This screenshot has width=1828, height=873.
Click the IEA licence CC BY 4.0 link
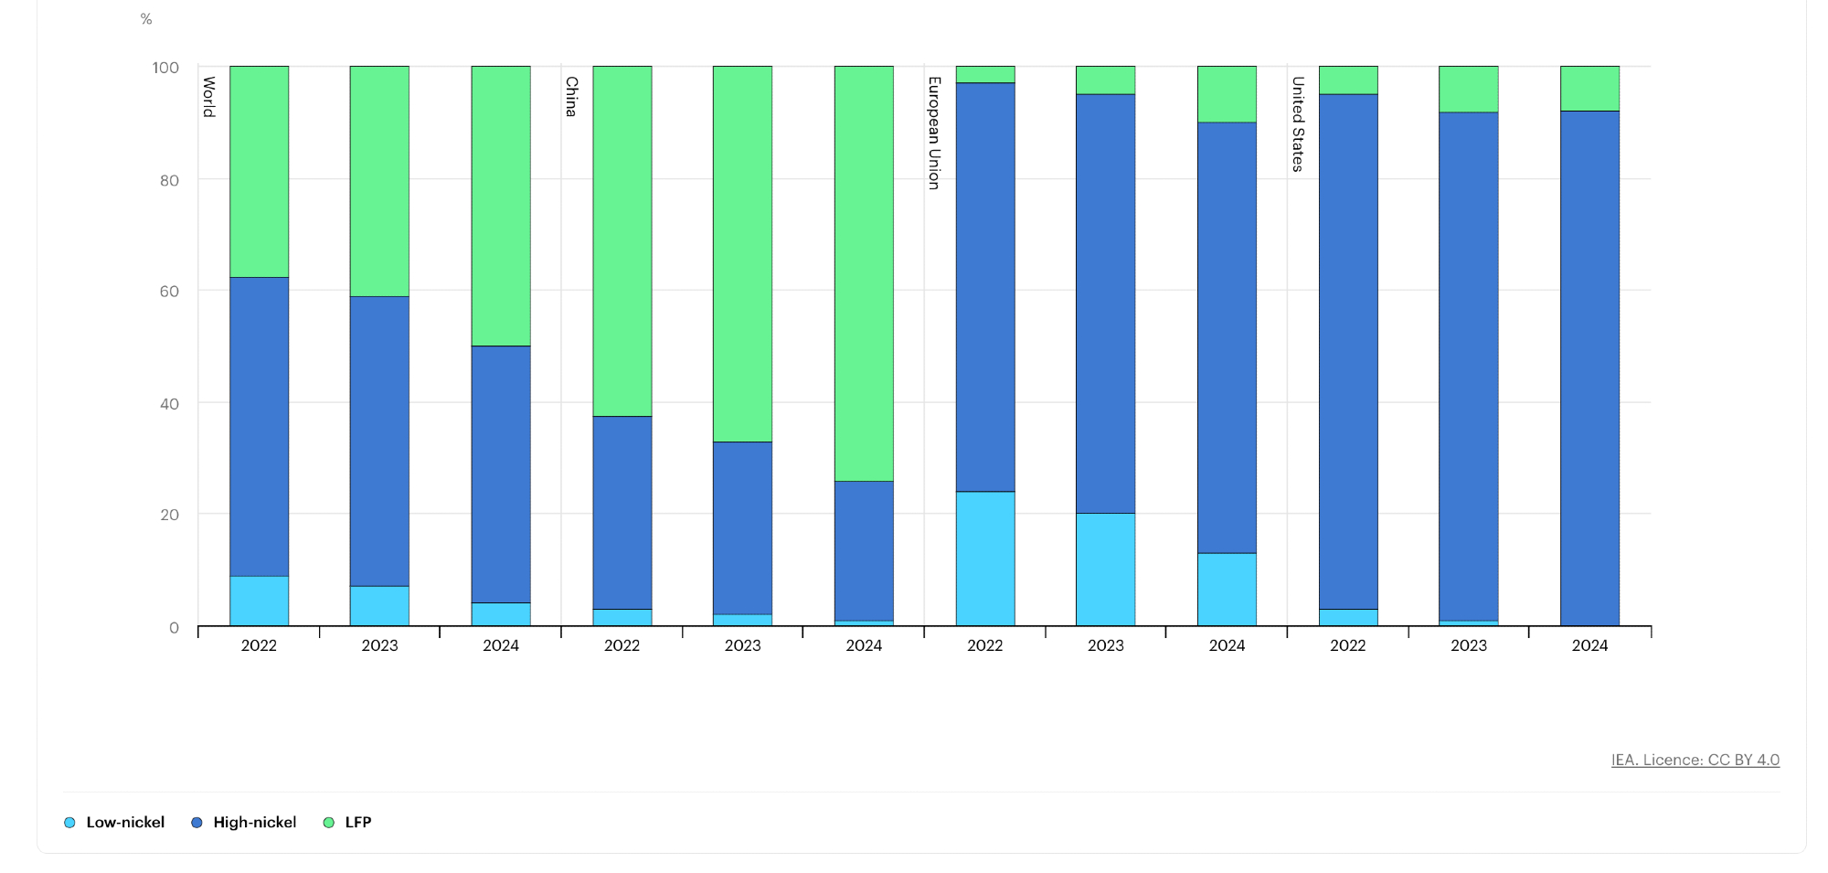[x=1695, y=760]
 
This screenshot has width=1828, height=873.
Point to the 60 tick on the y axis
[x=169, y=292]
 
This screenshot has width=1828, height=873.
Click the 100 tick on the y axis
[x=165, y=68]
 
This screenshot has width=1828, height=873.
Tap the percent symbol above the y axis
[x=146, y=19]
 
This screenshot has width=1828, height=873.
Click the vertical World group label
[x=209, y=97]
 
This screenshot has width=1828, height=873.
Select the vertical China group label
[x=571, y=97]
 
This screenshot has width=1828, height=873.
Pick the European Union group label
[x=934, y=133]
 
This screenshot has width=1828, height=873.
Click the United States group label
[x=1297, y=124]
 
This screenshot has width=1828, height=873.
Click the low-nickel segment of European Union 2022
[x=984, y=559]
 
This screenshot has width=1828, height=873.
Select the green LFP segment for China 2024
[x=863, y=273]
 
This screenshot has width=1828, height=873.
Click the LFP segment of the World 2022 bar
[x=259, y=172]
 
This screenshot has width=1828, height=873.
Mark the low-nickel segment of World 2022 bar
[x=259, y=601]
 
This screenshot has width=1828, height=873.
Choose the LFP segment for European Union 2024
[x=1227, y=94]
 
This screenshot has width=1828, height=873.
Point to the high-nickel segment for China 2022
[x=622, y=513]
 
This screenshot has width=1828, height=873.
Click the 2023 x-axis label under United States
[x=1468, y=645]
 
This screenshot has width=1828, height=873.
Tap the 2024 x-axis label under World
[x=501, y=645]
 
